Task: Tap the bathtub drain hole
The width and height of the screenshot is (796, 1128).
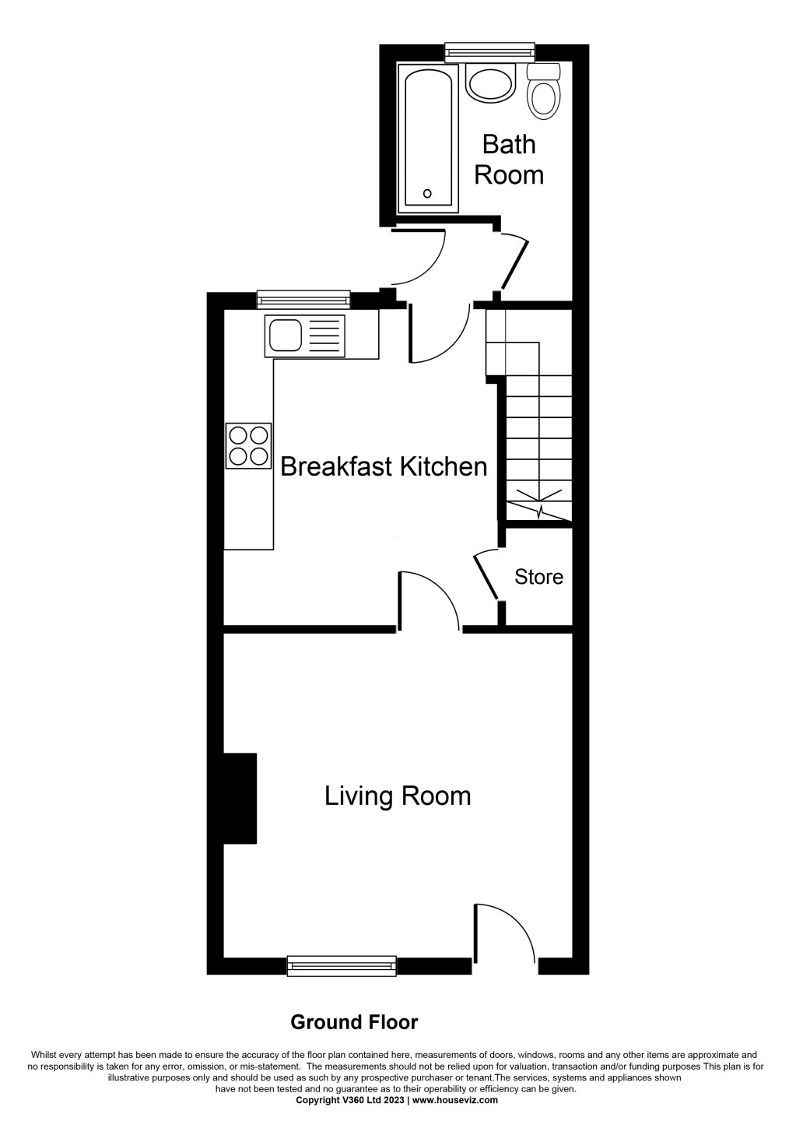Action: click(426, 193)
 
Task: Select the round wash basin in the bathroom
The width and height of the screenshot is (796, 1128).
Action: click(491, 82)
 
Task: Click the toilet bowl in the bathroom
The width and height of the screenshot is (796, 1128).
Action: click(544, 97)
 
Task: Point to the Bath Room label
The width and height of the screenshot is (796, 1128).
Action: click(509, 159)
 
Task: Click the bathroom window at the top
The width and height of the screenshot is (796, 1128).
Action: click(490, 52)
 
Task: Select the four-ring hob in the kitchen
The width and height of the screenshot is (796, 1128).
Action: click(249, 445)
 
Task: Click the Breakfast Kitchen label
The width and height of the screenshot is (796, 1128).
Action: click(384, 466)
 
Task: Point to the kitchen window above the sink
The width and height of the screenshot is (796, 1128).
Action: click(303, 297)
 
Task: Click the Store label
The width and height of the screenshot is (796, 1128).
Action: click(538, 577)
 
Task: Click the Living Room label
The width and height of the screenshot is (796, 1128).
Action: click(398, 796)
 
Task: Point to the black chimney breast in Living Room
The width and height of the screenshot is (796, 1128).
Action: click(240, 798)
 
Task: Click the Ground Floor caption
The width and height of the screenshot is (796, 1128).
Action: click(354, 1021)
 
